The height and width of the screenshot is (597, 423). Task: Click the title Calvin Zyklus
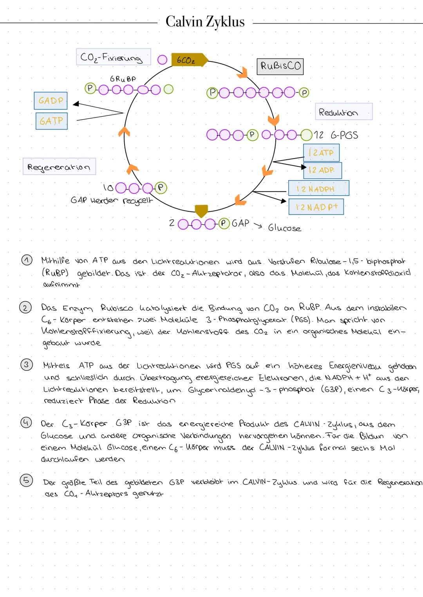205,22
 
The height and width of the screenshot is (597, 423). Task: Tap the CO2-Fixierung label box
113,57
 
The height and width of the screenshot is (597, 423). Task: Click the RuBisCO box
280,66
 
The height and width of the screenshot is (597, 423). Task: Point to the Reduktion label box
343,112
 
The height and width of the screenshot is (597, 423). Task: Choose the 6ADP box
51,100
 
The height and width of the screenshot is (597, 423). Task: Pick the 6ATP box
51,121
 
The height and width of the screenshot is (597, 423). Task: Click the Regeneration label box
59,166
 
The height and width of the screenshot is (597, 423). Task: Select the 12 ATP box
321,152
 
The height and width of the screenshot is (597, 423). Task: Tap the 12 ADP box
322,170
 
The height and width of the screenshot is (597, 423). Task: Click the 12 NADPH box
318,188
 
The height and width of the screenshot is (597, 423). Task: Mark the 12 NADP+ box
316,207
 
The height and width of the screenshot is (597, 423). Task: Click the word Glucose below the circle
284,228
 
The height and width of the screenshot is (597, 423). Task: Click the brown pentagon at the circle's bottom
201,211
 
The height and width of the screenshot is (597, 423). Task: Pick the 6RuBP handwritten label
123,79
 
